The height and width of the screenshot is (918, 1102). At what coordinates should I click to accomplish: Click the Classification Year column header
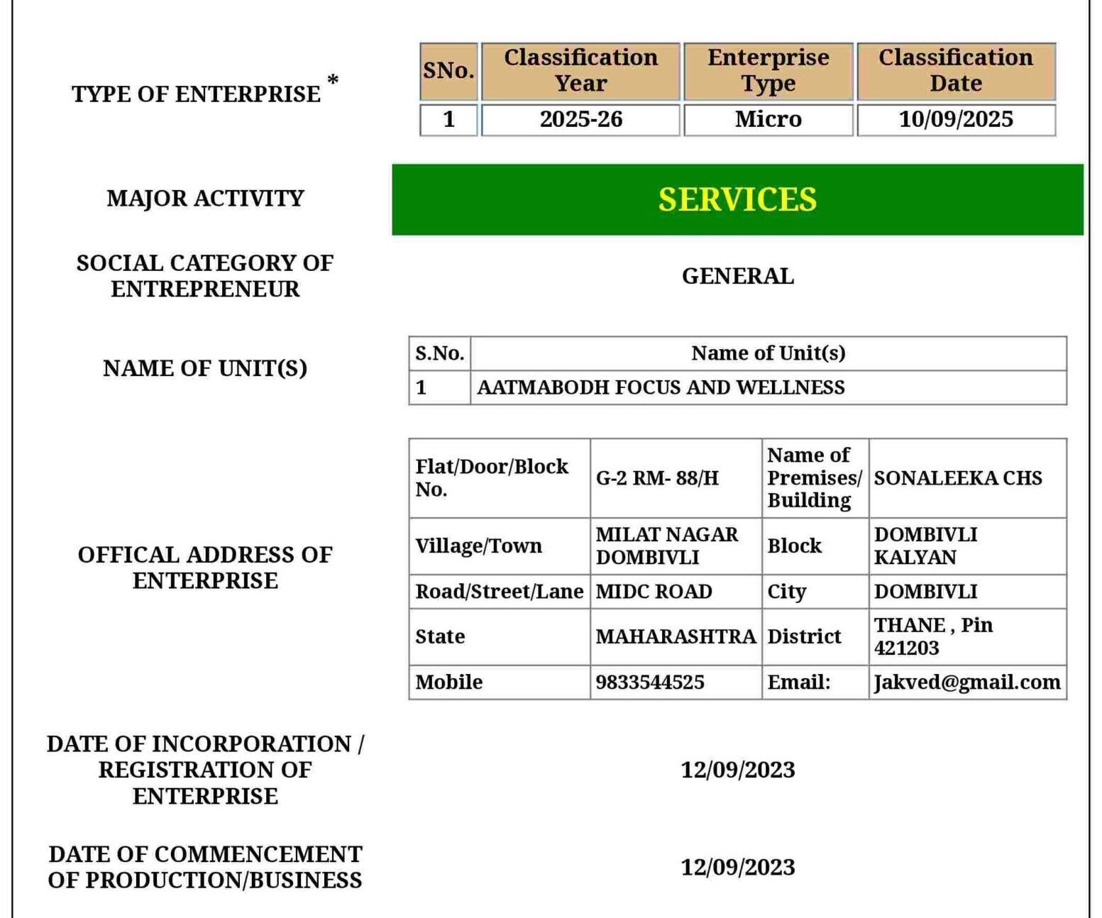click(x=580, y=70)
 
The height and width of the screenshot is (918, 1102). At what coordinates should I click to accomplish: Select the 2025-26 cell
click(x=580, y=119)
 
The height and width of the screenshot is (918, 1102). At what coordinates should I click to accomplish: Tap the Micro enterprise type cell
click(x=768, y=119)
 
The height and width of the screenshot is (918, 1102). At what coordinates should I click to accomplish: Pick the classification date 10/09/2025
click(x=955, y=119)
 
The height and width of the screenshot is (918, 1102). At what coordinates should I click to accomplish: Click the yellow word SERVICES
click(x=737, y=199)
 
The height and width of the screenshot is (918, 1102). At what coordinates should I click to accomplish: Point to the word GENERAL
click(x=737, y=276)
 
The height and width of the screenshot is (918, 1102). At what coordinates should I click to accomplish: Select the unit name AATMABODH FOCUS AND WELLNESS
click(x=661, y=387)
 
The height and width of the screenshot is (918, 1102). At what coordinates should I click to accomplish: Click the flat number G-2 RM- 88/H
click(x=657, y=478)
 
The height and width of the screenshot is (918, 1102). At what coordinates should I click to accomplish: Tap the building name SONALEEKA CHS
click(x=958, y=478)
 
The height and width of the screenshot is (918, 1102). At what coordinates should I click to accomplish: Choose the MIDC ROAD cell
click(x=654, y=592)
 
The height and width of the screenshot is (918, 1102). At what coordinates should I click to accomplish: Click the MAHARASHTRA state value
click(x=676, y=636)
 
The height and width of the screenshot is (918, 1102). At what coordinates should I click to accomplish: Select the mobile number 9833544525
click(x=650, y=682)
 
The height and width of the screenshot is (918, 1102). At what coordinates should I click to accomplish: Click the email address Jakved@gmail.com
click(x=966, y=682)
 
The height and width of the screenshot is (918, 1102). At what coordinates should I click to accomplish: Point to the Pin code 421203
click(x=906, y=648)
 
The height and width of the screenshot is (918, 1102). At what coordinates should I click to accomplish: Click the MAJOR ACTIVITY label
click(x=205, y=198)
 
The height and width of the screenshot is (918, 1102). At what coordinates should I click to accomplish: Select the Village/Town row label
click(x=478, y=546)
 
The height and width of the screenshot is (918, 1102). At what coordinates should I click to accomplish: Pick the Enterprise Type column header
click(x=768, y=70)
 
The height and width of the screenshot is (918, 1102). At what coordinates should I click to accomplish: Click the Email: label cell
click(x=798, y=682)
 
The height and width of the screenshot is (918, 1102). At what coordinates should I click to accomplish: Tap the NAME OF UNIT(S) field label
click(x=205, y=368)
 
